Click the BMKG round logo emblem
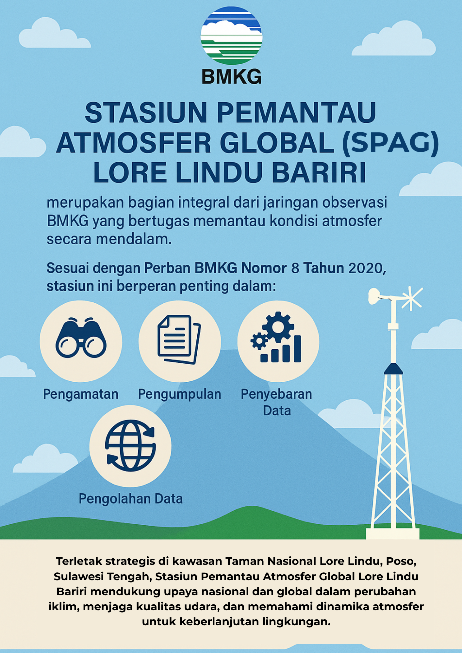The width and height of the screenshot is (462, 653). point(231,36)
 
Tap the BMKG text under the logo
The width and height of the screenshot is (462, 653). point(231,77)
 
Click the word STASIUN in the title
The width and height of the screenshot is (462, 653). point(146,112)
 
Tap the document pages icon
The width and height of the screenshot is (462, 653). point(179,339)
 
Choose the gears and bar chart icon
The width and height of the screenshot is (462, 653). point(276,337)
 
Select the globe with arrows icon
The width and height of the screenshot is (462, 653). point(130,445)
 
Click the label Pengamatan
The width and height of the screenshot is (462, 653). point(81,394)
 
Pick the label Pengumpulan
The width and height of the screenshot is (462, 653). point(180,394)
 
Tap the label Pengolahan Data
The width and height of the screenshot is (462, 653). point(131,499)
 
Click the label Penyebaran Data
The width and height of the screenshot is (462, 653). point(277,402)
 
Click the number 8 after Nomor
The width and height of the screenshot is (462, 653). point(295,268)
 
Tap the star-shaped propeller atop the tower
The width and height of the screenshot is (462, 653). point(411,298)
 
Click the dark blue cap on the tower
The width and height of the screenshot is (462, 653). point(393,369)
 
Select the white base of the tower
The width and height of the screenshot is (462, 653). point(392,534)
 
